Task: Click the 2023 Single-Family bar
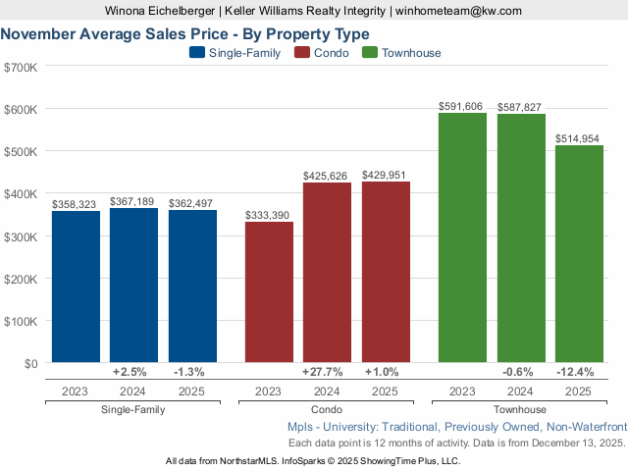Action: click(x=76, y=287)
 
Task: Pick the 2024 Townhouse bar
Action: click(x=521, y=238)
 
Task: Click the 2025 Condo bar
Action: click(x=386, y=272)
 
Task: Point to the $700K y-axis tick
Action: click(x=21, y=67)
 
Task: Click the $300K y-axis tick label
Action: click(x=21, y=236)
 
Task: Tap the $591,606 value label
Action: click(x=461, y=106)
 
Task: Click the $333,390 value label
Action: click(x=268, y=215)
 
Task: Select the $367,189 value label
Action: click(x=133, y=201)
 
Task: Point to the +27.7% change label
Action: click(x=327, y=372)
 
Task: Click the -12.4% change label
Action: click(x=579, y=372)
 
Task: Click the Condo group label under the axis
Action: click(x=327, y=409)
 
